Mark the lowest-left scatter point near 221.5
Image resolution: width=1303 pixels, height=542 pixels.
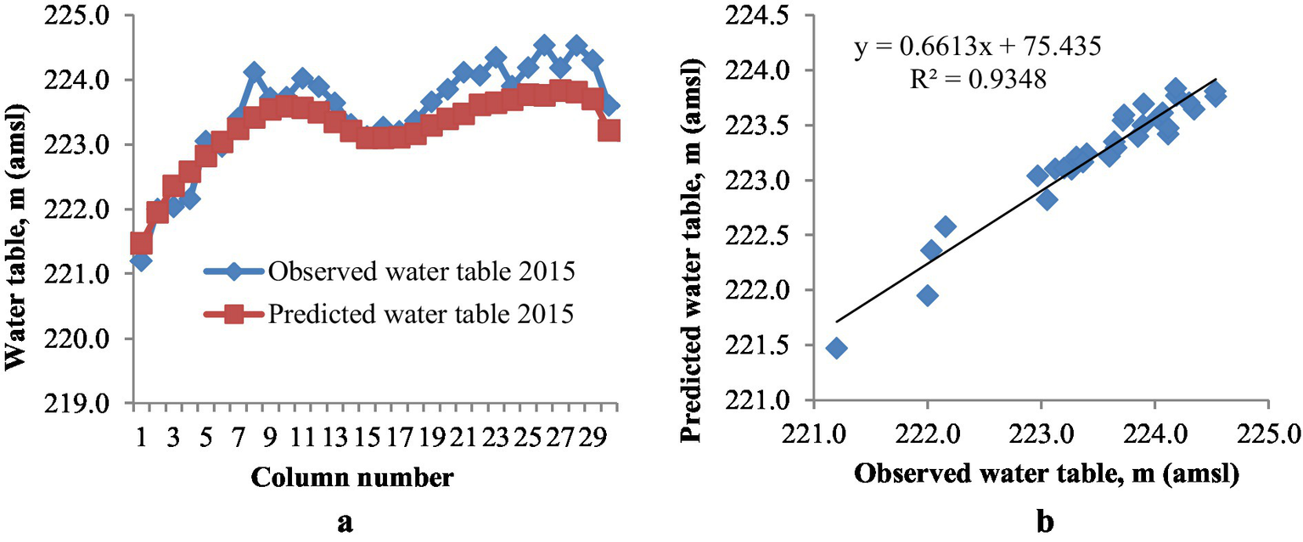pos(837,348)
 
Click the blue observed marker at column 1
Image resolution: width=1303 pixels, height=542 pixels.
pos(142,261)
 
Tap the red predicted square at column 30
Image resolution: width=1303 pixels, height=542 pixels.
pos(609,131)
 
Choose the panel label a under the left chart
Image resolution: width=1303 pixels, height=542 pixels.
pos(345,522)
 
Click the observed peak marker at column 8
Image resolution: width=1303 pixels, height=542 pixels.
pos(254,72)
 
